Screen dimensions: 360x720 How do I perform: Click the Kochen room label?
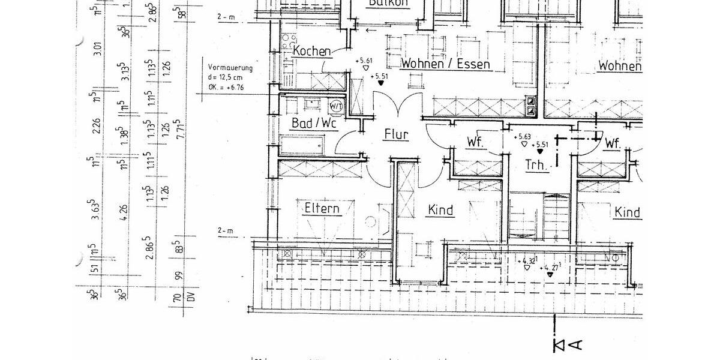(x=311, y=51)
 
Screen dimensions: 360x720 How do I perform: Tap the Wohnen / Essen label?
(x=445, y=64)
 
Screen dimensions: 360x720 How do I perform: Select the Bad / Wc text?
(x=314, y=124)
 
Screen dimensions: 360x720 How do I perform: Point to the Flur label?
(x=396, y=134)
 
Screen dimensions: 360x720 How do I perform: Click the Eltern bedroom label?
(x=322, y=209)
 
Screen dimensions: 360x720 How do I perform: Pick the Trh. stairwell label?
(x=537, y=165)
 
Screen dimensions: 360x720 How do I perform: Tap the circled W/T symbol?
(x=336, y=106)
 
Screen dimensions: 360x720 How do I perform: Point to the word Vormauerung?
(x=230, y=68)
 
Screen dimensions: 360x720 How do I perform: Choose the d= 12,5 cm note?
(x=226, y=77)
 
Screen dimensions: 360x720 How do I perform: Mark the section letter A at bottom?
(x=575, y=344)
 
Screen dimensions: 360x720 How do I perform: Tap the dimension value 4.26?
(x=124, y=211)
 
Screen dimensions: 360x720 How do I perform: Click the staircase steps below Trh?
(x=538, y=216)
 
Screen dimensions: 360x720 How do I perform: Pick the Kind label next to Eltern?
(x=440, y=210)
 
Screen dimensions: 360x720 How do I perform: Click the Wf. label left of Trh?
(x=475, y=143)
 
